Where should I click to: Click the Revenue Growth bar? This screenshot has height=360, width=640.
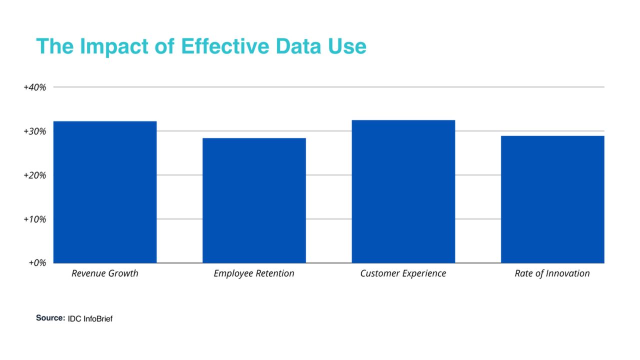coord(105,192)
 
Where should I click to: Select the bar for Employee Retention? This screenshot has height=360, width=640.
coord(254,200)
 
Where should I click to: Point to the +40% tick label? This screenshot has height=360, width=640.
coord(35,87)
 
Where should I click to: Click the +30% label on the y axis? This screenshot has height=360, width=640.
coord(35,131)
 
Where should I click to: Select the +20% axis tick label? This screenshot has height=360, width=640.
coord(35,175)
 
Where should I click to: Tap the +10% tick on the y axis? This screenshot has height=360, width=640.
coord(35,219)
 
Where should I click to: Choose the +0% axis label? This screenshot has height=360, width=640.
coord(37,263)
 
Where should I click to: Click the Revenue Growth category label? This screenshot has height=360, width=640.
coord(105,273)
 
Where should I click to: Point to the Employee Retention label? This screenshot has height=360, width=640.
coord(254,273)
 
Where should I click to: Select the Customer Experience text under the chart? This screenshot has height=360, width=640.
coord(403,273)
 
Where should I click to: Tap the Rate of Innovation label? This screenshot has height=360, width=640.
coord(552,273)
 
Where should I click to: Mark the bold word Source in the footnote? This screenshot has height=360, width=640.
coord(50,318)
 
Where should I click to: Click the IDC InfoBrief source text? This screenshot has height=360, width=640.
coord(90,318)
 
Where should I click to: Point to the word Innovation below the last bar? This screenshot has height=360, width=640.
coord(567,273)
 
